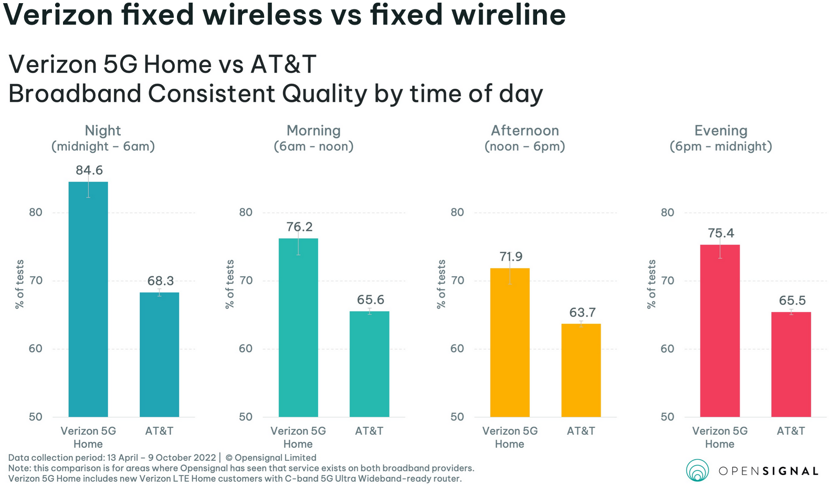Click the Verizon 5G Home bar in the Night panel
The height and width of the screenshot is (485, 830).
click(88, 299)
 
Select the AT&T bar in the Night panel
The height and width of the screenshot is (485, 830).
click(159, 354)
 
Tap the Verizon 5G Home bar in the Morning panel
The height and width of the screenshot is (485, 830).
click(298, 328)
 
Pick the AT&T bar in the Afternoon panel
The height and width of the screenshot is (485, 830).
click(581, 370)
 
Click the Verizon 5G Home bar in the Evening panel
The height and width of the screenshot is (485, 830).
click(720, 331)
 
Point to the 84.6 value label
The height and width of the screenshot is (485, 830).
click(89, 171)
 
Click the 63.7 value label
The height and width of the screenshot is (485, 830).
click(582, 313)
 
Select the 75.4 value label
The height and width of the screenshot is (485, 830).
click(721, 233)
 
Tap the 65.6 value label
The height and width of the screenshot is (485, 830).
click(371, 300)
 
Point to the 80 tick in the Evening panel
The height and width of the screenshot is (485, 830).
click(667, 213)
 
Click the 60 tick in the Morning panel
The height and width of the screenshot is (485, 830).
click(246, 349)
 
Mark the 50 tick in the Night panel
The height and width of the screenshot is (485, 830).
click(36, 417)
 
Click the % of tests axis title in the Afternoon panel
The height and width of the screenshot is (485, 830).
click(442, 284)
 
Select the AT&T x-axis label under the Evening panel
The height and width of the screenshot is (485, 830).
click(791, 431)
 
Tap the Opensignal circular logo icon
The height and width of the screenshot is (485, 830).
click(697, 470)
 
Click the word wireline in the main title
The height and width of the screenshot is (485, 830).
click(509, 15)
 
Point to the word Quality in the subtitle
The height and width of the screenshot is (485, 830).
click(324, 94)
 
